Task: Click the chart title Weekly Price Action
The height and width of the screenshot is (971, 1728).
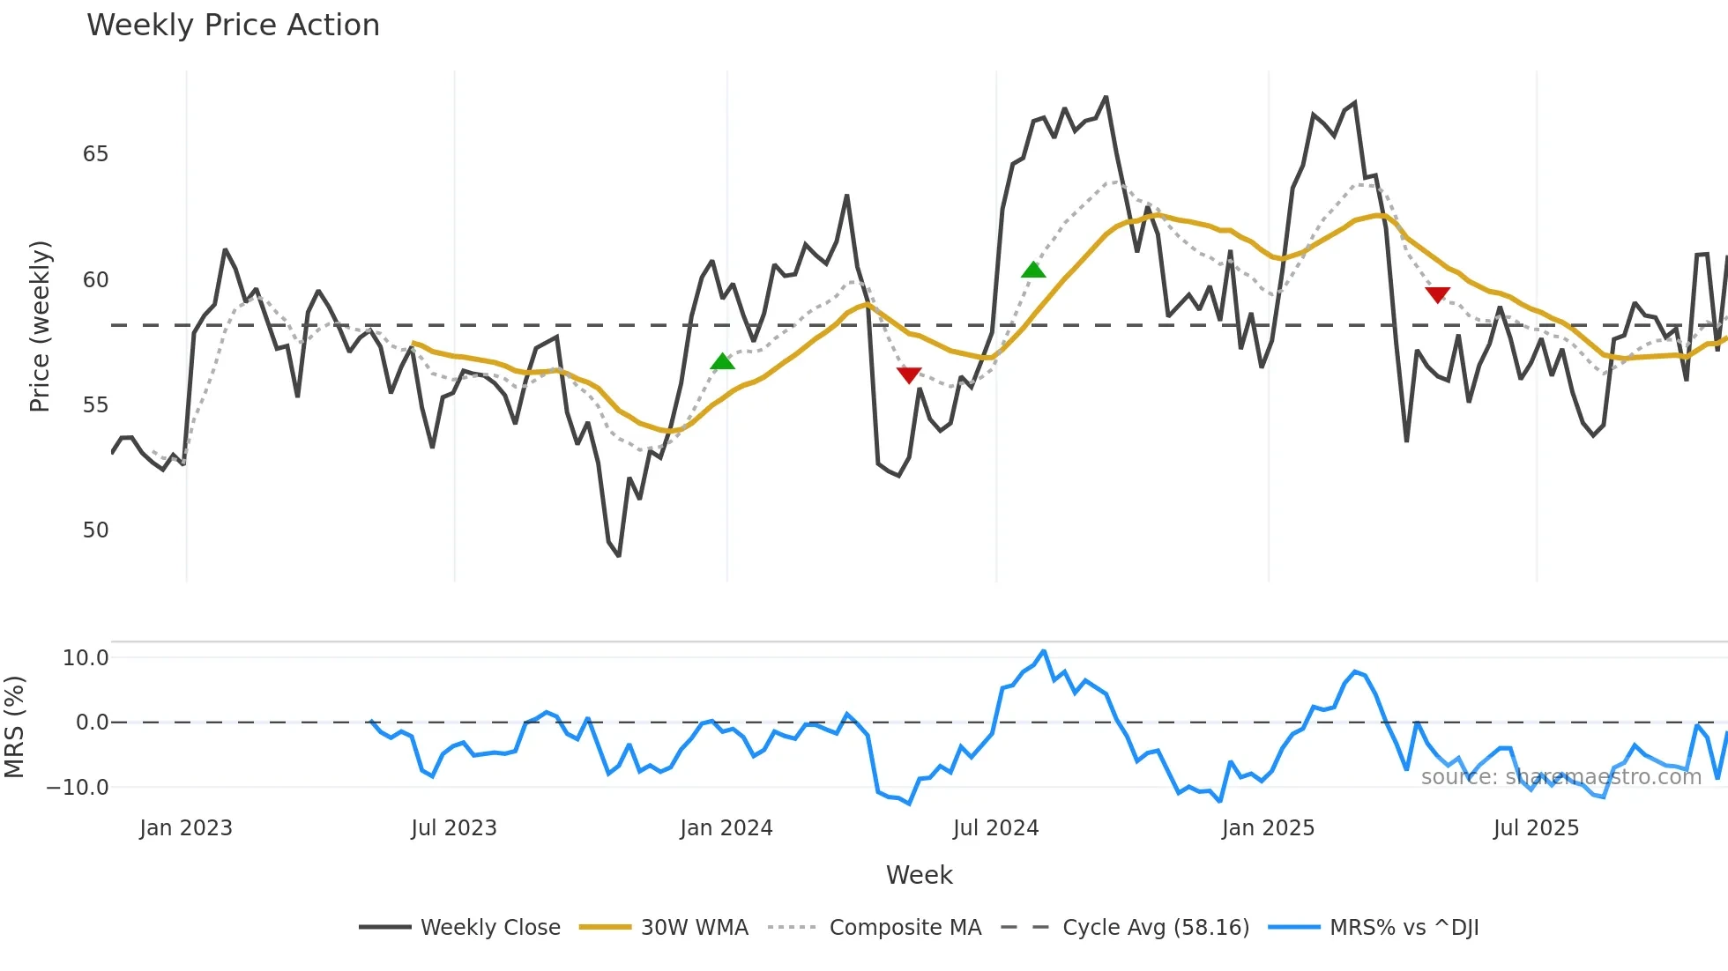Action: [x=233, y=26]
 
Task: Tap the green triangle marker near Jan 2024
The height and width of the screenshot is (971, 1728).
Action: [x=722, y=362]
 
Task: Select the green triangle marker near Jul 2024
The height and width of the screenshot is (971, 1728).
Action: [x=1033, y=270]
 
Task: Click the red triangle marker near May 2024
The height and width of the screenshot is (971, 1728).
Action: [x=909, y=374]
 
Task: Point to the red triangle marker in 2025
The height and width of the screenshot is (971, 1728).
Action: [x=1437, y=294]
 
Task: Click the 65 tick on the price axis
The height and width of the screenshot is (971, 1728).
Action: [x=95, y=154]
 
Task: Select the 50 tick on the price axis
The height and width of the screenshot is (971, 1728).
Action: [x=95, y=530]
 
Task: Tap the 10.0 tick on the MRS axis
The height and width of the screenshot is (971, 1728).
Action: [x=86, y=658]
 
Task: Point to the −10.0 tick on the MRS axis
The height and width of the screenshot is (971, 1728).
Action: [x=78, y=788]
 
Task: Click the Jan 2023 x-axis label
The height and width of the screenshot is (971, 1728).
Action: [x=186, y=828]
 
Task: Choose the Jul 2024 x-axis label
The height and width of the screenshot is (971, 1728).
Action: [x=995, y=828]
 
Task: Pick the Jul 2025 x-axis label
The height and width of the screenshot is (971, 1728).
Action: [x=1536, y=828]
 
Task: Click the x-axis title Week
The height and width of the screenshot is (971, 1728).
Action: [x=919, y=875]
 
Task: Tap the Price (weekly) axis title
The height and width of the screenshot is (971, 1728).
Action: [x=41, y=326]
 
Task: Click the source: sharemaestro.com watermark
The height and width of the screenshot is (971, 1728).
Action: [x=1560, y=777]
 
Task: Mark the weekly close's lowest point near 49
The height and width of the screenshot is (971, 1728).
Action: [x=619, y=555]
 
